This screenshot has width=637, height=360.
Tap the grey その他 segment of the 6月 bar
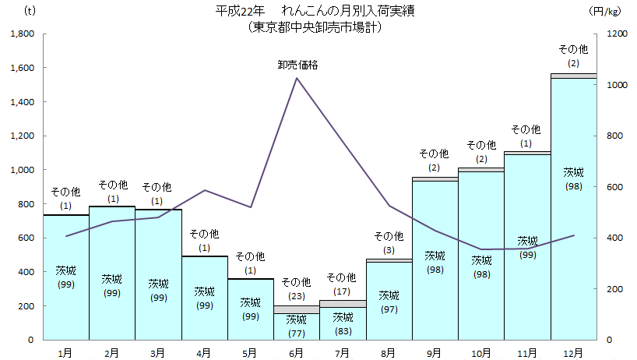pyautogui.click(x=297, y=309)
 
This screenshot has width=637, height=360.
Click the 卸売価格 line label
pyautogui.click(x=297, y=65)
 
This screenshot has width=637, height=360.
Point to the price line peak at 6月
pyautogui.click(x=297, y=78)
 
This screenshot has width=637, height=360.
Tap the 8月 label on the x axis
pyautogui.click(x=389, y=352)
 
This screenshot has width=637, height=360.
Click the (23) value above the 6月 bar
pyautogui.click(x=297, y=295)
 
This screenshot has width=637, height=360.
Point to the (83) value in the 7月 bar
pyautogui.click(x=343, y=330)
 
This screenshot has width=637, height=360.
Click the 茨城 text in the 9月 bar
pyautogui.click(x=435, y=256)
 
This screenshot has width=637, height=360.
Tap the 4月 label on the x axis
pyautogui.click(x=204, y=352)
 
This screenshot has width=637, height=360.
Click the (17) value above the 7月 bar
pyautogui.click(x=343, y=291)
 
